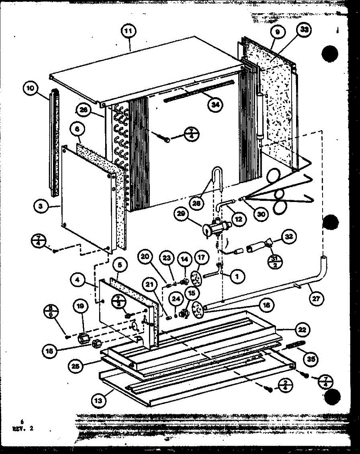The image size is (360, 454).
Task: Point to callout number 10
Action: click(x=30, y=89)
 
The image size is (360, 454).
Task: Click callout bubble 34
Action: click(x=215, y=105)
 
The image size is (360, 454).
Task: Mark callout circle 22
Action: click(x=301, y=329)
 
